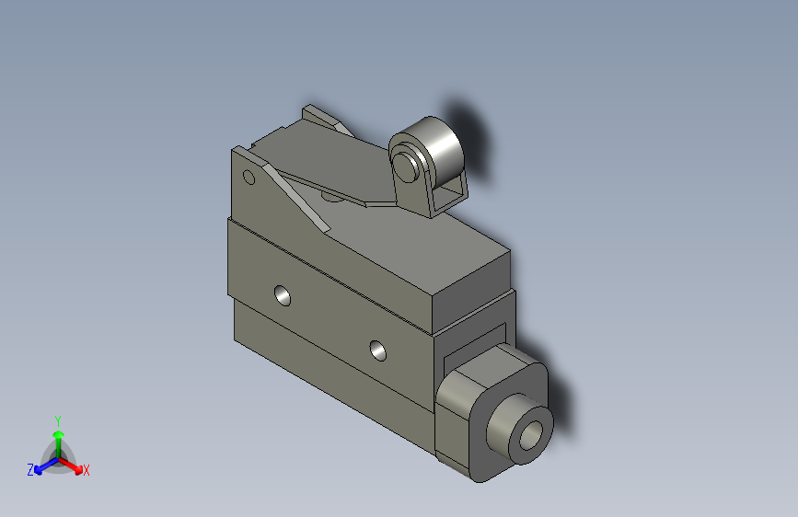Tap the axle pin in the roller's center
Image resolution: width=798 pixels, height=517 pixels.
404,166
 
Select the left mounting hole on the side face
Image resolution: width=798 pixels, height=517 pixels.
283,295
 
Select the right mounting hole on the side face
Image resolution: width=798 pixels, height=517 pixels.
377,349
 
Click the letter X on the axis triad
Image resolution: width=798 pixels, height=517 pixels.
87,471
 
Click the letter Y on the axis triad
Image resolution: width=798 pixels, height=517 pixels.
57,419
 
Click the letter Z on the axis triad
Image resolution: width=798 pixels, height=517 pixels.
30,470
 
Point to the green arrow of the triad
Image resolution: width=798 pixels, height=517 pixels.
57,437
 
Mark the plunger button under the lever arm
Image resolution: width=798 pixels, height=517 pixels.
330,195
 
